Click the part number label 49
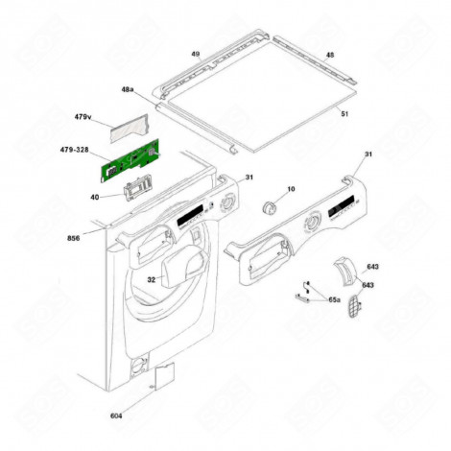tap(195, 56)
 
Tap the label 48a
tap(128, 89)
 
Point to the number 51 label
tap(344, 113)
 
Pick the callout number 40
tap(95, 198)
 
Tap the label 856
tap(73, 237)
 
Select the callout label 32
tap(151, 279)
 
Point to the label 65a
tap(334, 300)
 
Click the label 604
tap(143, 416)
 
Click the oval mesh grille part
tap(358, 310)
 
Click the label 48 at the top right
tap(330, 56)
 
